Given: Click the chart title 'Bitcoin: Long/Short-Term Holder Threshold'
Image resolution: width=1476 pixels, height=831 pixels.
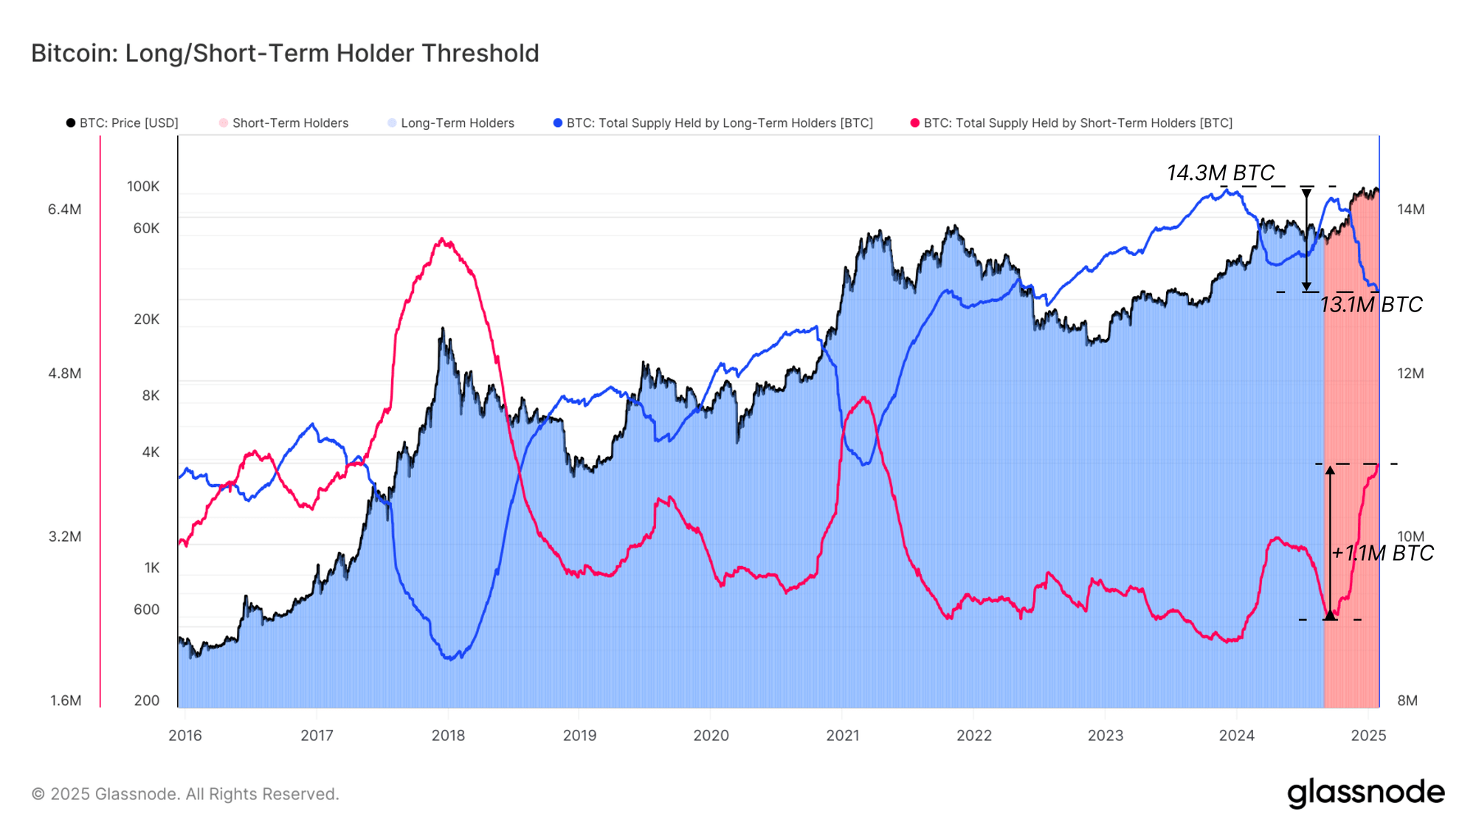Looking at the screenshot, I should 285,53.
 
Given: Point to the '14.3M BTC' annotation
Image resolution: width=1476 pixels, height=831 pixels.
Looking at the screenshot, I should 1220,173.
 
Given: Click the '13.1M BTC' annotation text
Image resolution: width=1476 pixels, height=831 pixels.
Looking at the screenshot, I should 1370,305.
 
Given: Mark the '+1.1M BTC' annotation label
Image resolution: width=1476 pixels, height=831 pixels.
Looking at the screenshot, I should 1382,553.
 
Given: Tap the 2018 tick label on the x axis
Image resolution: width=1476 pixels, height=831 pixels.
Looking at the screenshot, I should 448,735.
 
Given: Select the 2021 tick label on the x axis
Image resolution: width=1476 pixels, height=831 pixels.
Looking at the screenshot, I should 842,735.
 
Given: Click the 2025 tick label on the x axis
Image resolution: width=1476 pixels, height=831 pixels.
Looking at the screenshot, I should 1368,735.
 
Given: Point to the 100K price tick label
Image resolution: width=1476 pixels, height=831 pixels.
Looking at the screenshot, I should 142,187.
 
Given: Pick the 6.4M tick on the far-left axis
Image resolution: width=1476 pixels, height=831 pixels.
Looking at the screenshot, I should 64,210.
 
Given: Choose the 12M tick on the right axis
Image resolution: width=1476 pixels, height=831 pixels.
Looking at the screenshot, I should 1410,373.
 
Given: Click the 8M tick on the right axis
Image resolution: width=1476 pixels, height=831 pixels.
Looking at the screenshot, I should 1407,700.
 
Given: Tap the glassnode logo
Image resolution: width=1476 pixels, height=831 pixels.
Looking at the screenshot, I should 1365,793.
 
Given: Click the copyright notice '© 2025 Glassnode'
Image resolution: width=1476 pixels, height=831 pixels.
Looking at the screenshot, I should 184,794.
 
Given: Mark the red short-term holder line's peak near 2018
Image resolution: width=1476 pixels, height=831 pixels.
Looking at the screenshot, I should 442,239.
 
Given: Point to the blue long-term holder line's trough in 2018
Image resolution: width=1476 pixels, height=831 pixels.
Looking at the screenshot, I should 451,658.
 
